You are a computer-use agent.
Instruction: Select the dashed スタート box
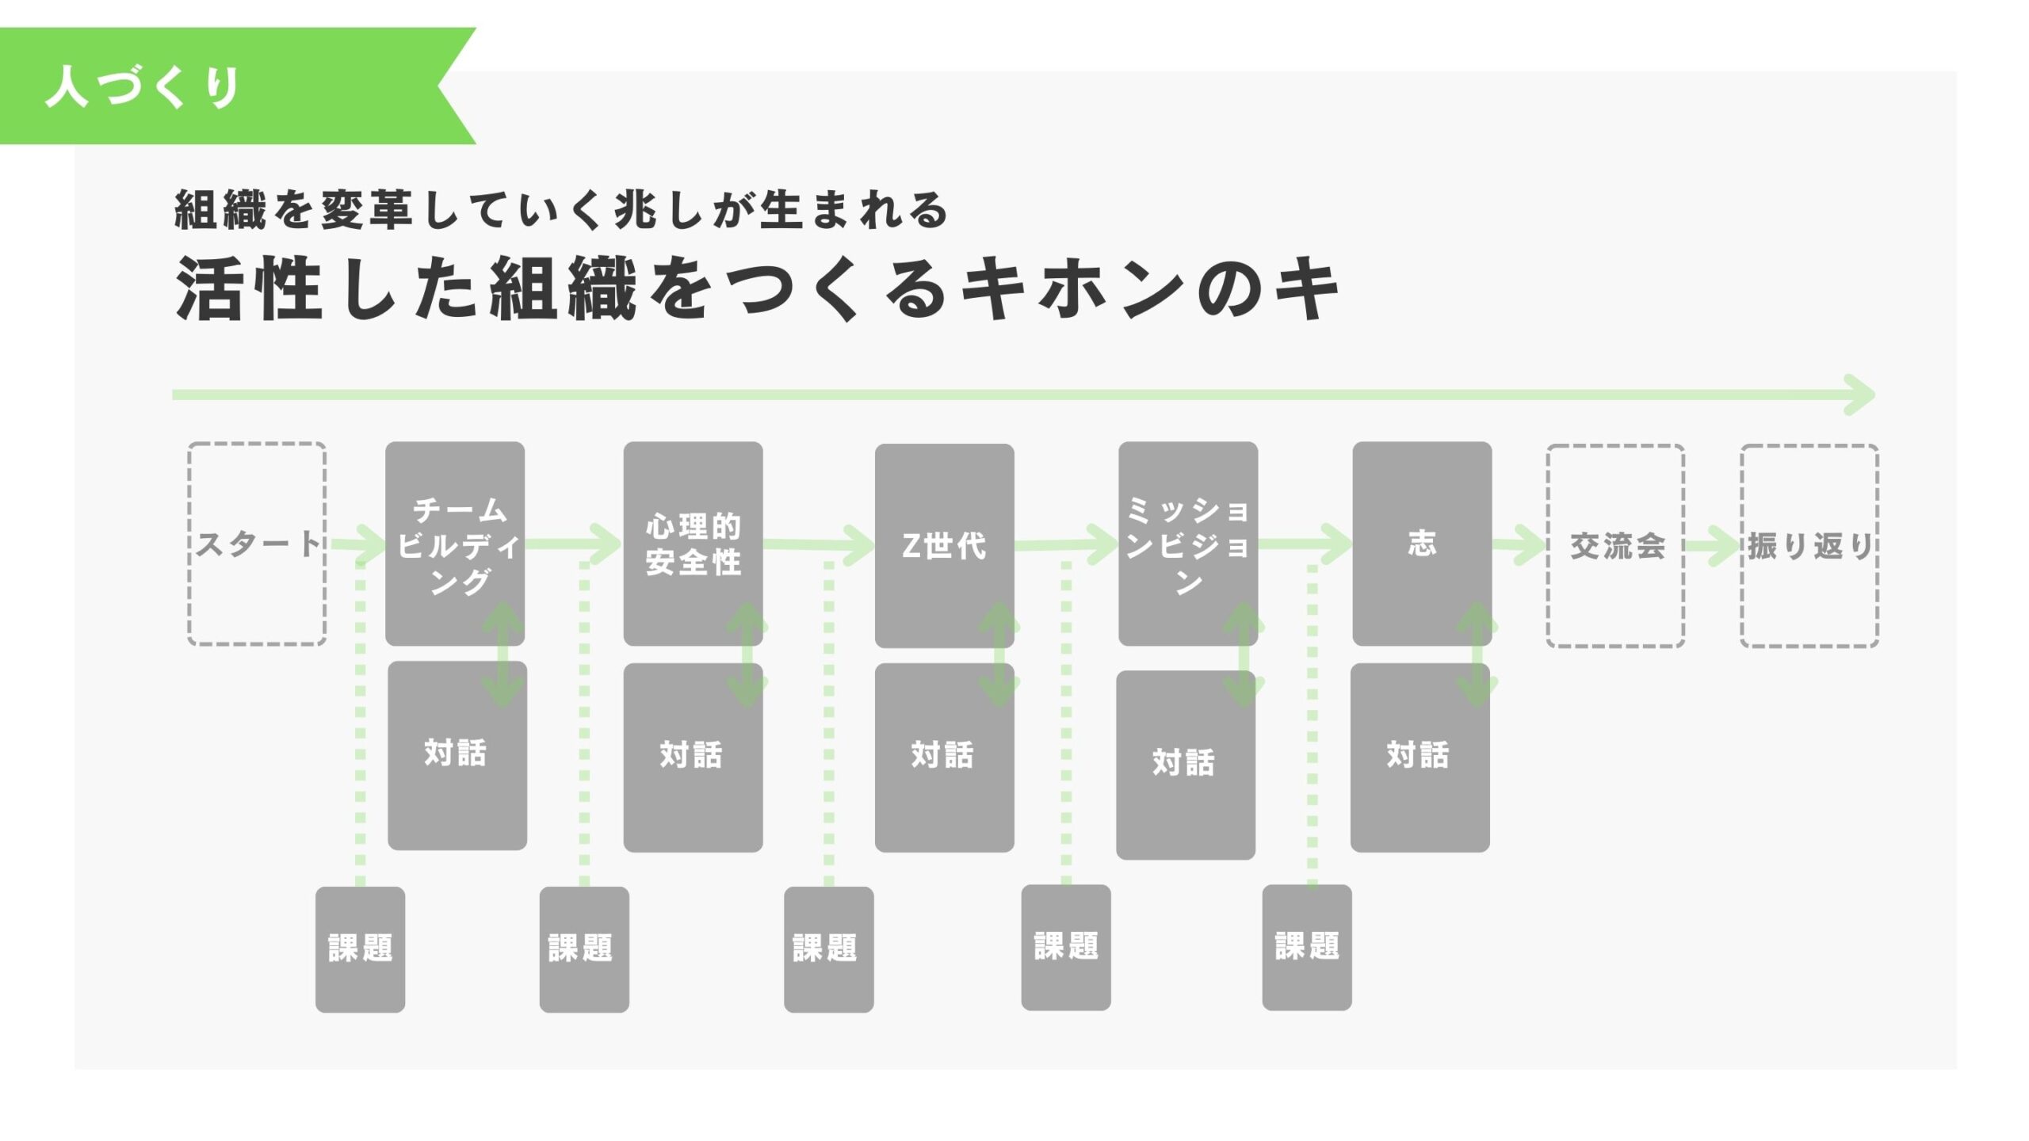click(x=257, y=544)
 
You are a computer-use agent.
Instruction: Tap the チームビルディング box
click(x=455, y=544)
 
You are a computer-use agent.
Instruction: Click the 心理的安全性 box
click(x=693, y=544)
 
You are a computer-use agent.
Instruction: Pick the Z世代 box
click(x=944, y=545)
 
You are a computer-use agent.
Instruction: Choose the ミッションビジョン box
click(x=1187, y=544)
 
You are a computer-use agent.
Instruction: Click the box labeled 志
click(x=1422, y=544)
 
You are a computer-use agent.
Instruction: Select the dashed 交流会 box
click(x=1615, y=545)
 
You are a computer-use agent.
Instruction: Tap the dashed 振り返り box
click(x=1809, y=545)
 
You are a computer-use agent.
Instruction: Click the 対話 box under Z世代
click(x=944, y=757)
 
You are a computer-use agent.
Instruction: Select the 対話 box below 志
click(x=1420, y=757)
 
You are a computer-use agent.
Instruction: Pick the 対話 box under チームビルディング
click(x=457, y=754)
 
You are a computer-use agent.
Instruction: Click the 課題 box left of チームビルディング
click(x=360, y=948)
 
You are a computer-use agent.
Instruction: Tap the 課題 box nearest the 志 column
click(x=1306, y=947)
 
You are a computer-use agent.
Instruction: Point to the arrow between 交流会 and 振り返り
click(x=1712, y=546)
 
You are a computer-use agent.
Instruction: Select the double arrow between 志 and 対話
click(x=1476, y=654)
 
